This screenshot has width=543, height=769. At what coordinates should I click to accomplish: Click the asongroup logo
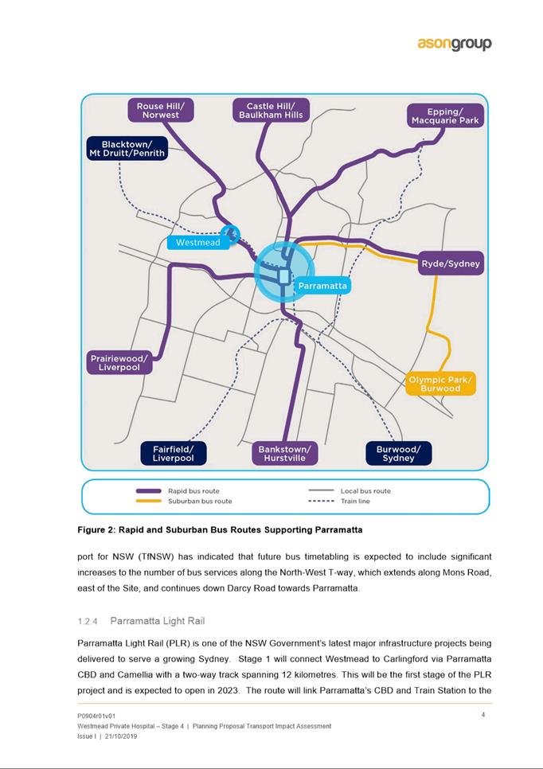(455, 45)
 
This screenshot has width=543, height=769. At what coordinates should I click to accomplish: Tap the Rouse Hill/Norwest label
(161, 111)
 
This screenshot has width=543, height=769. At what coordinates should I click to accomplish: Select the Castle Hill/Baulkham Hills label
(271, 111)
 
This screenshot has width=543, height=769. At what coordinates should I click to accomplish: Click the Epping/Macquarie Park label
(445, 115)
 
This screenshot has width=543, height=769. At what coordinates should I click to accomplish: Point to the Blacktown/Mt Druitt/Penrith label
(127, 148)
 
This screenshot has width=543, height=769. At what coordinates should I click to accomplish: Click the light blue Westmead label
(197, 242)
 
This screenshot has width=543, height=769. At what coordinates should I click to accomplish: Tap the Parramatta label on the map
(322, 285)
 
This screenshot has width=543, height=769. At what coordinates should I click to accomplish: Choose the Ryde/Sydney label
(451, 263)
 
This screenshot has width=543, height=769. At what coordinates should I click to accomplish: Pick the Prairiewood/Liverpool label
(119, 363)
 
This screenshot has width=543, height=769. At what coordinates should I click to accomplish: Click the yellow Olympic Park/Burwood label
(440, 384)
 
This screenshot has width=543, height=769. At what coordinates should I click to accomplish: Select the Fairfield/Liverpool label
(173, 454)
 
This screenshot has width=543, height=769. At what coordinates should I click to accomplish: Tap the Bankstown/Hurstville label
(284, 454)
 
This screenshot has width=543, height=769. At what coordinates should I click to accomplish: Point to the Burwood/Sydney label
(398, 454)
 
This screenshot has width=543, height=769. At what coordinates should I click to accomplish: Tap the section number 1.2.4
(88, 620)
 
